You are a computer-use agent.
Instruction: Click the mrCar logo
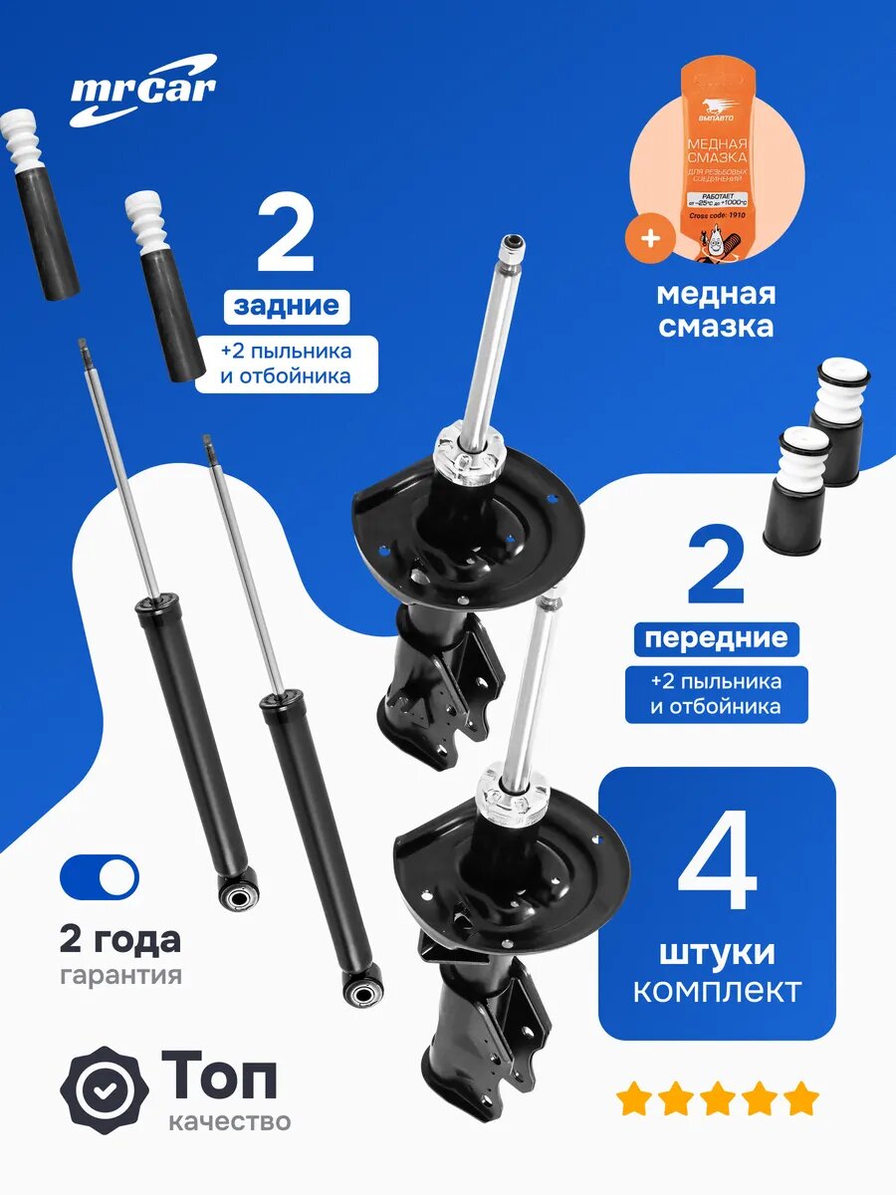(x=142, y=90)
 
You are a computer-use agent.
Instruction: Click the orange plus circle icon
(x=648, y=240)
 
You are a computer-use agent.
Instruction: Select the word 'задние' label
(x=286, y=306)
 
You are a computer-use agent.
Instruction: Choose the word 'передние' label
(x=716, y=638)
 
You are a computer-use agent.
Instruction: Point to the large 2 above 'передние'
(x=716, y=568)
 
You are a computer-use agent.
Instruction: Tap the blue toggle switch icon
(x=100, y=876)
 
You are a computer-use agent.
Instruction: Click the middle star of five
(x=717, y=1100)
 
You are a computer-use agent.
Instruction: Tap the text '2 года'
(x=120, y=939)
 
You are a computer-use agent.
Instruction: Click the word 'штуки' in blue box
(x=717, y=952)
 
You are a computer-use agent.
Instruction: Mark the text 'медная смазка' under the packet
(x=717, y=310)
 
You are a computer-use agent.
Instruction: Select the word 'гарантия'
(x=120, y=975)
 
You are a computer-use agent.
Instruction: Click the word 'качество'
(x=230, y=1121)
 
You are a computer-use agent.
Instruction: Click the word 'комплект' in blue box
(x=717, y=991)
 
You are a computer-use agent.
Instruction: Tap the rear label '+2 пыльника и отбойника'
(x=286, y=363)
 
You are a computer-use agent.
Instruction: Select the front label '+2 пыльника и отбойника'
(x=716, y=694)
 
